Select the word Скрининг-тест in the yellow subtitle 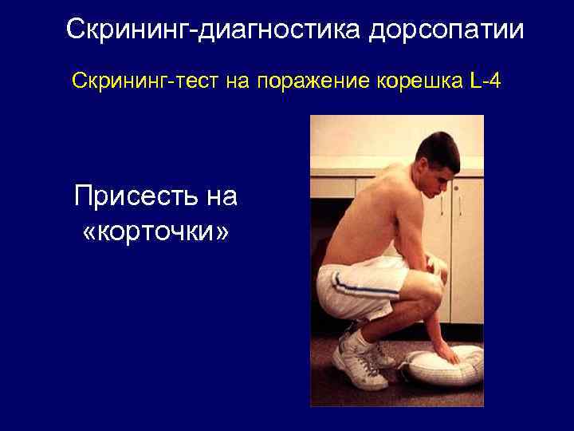pos(139,81)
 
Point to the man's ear pos(423,171)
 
